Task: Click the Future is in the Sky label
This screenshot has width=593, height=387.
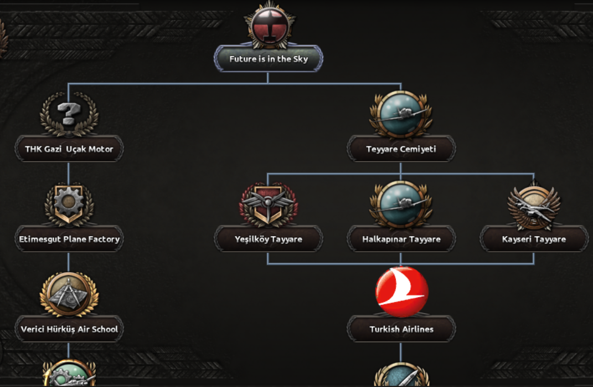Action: (269, 59)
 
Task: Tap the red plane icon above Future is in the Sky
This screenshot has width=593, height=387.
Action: (269, 26)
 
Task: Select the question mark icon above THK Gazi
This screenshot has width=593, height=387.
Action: (69, 114)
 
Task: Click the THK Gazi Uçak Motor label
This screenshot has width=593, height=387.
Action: (69, 149)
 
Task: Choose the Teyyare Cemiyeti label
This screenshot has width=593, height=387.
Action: (401, 149)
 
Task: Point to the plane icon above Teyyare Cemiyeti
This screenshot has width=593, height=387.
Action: (401, 114)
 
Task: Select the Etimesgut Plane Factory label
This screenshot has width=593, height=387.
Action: (69, 239)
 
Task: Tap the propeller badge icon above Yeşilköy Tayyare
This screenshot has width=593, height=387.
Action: (269, 205)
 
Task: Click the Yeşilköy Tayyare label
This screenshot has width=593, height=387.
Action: (269, 239)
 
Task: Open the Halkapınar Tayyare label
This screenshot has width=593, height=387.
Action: (401, 239)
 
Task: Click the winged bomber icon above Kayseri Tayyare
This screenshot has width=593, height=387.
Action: (534, 205)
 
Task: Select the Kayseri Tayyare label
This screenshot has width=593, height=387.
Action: (534, 239)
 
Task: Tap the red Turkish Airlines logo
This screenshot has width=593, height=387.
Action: (401, 292)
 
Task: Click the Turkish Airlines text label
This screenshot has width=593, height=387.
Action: (401, 329)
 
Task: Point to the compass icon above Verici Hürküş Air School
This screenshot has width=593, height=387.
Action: (69, 294)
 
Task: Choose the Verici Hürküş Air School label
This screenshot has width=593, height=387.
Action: (69, 329)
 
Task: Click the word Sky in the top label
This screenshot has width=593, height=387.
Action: (301, 59)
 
